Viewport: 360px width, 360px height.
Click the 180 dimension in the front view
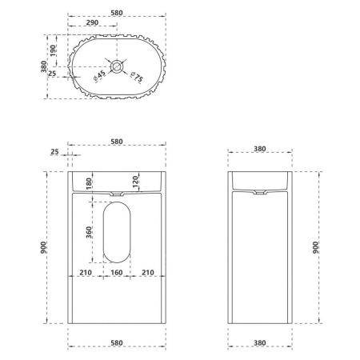90,184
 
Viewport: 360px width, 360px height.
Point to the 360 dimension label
90,233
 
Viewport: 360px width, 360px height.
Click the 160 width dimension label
117,273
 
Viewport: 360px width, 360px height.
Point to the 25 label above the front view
54,150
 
